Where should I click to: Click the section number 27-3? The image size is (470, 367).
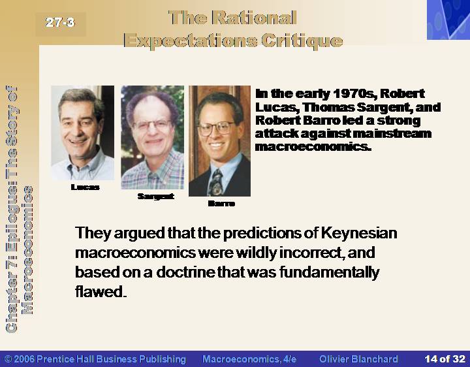click(60, 22)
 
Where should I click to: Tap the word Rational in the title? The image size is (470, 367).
click(254, 18)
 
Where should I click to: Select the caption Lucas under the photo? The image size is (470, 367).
click(85, 187)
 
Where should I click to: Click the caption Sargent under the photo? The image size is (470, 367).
click(155, 197)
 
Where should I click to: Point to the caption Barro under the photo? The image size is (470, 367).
click(221, 204)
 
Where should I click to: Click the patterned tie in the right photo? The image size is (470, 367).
click(215, 182)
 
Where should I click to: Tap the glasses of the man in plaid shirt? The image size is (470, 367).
click(152, 125)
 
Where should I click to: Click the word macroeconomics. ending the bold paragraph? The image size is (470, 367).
click(313, 147)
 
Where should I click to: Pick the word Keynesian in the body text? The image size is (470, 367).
click(359, 234)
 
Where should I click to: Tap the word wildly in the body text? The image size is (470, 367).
click(257, 253)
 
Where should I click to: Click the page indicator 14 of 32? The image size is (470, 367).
click(445, 359)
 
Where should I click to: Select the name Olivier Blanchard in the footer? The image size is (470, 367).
click(358, 359)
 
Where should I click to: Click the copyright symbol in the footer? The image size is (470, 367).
click(8, 359)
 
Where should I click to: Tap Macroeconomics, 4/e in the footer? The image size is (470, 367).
click(249, 359)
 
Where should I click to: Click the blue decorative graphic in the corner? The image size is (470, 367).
click(448, 20)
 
